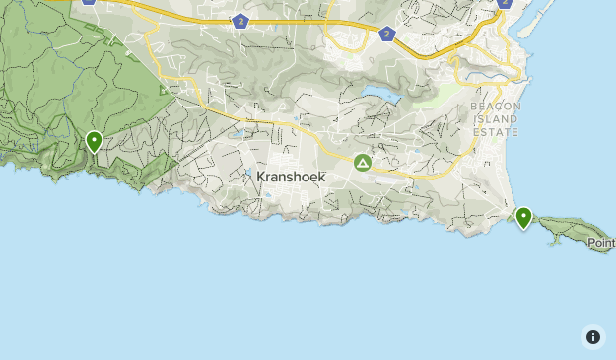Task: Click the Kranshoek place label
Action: pos(291,177)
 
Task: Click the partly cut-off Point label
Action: pos(600,242)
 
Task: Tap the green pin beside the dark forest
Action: pos(94,142)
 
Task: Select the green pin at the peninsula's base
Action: pos(523,217)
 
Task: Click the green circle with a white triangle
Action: pos(363,163)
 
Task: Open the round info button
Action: pos(593,337)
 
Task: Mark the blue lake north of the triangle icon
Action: pos(380,97)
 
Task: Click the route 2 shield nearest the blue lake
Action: pos(386,34)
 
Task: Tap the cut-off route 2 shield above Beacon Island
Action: pos(505,3)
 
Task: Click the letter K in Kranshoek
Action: pos(261,177)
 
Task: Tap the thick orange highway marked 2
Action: pos(315,25)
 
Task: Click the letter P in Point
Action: pos(591,242)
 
